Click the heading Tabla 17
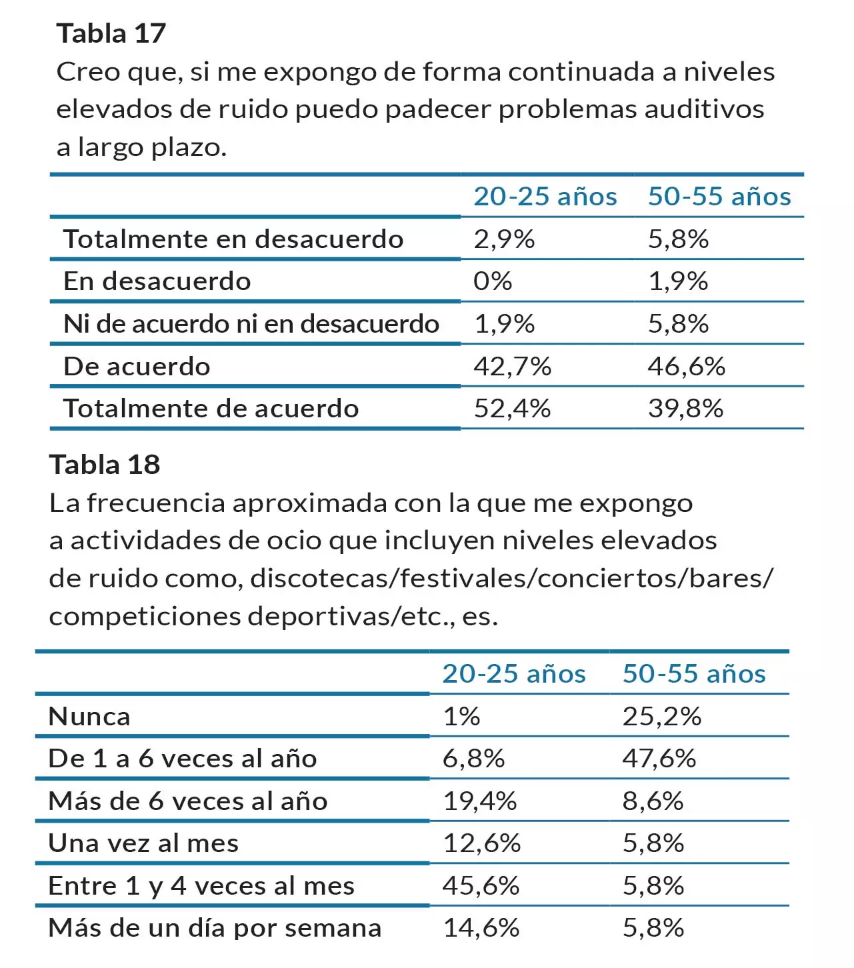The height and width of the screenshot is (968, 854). coord(111,33)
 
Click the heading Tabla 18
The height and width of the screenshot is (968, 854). coord(105,465)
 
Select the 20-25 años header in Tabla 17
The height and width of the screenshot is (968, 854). coord(545,197)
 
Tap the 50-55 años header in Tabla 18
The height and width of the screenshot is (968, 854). coord(693,674)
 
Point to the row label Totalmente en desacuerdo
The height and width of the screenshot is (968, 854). coord(233,239)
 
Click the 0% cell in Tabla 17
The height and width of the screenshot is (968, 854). coord(493,281)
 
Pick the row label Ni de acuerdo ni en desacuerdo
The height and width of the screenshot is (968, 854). coord(251,324)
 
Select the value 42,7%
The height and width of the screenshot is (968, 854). coord(512,367)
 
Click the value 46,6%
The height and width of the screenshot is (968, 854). coord(686,367)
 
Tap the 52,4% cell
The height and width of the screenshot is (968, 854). coord(512,409)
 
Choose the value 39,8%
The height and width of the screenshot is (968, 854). coord(685,409)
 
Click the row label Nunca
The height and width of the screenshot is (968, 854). coord(89,717)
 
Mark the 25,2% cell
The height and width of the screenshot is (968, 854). coord(661,717)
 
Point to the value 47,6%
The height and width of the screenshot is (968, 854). coord(659,759)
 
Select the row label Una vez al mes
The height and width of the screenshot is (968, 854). coord(143,843)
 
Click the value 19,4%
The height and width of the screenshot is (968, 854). coord(479,801)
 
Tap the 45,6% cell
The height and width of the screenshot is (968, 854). coord(481,886)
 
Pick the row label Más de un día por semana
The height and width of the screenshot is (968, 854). coord(215,928)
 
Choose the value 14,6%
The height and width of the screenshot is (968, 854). coord(481,928)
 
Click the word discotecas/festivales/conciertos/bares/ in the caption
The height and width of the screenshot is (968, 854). coord(511,579)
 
